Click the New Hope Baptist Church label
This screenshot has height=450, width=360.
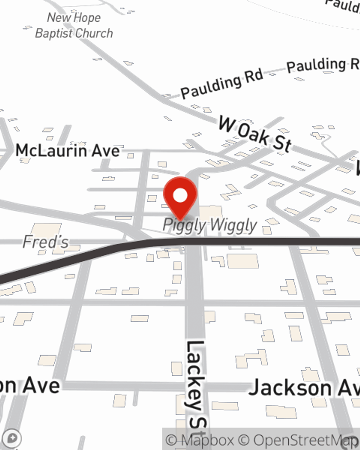coord(74,25)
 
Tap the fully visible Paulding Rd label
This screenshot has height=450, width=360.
coord(222,84)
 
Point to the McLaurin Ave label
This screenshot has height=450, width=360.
coord(67,150)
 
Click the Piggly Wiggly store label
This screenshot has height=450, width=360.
coord(210,225)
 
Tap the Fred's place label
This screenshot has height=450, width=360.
coord(45,242)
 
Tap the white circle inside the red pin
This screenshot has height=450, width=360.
coord(180,195)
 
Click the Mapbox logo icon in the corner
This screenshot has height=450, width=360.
coord(12,438)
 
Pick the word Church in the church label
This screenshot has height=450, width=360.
coord(94,33)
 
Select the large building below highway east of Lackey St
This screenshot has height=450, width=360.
coord(243,261)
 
